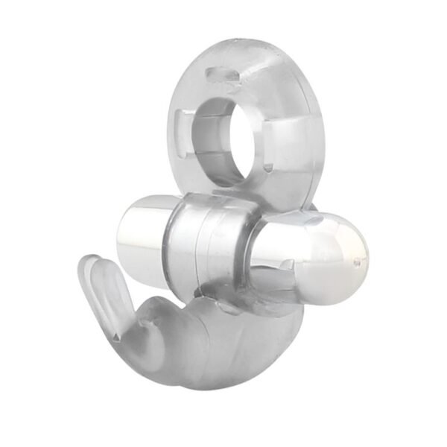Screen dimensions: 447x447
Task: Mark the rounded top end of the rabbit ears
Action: [91, 263]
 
